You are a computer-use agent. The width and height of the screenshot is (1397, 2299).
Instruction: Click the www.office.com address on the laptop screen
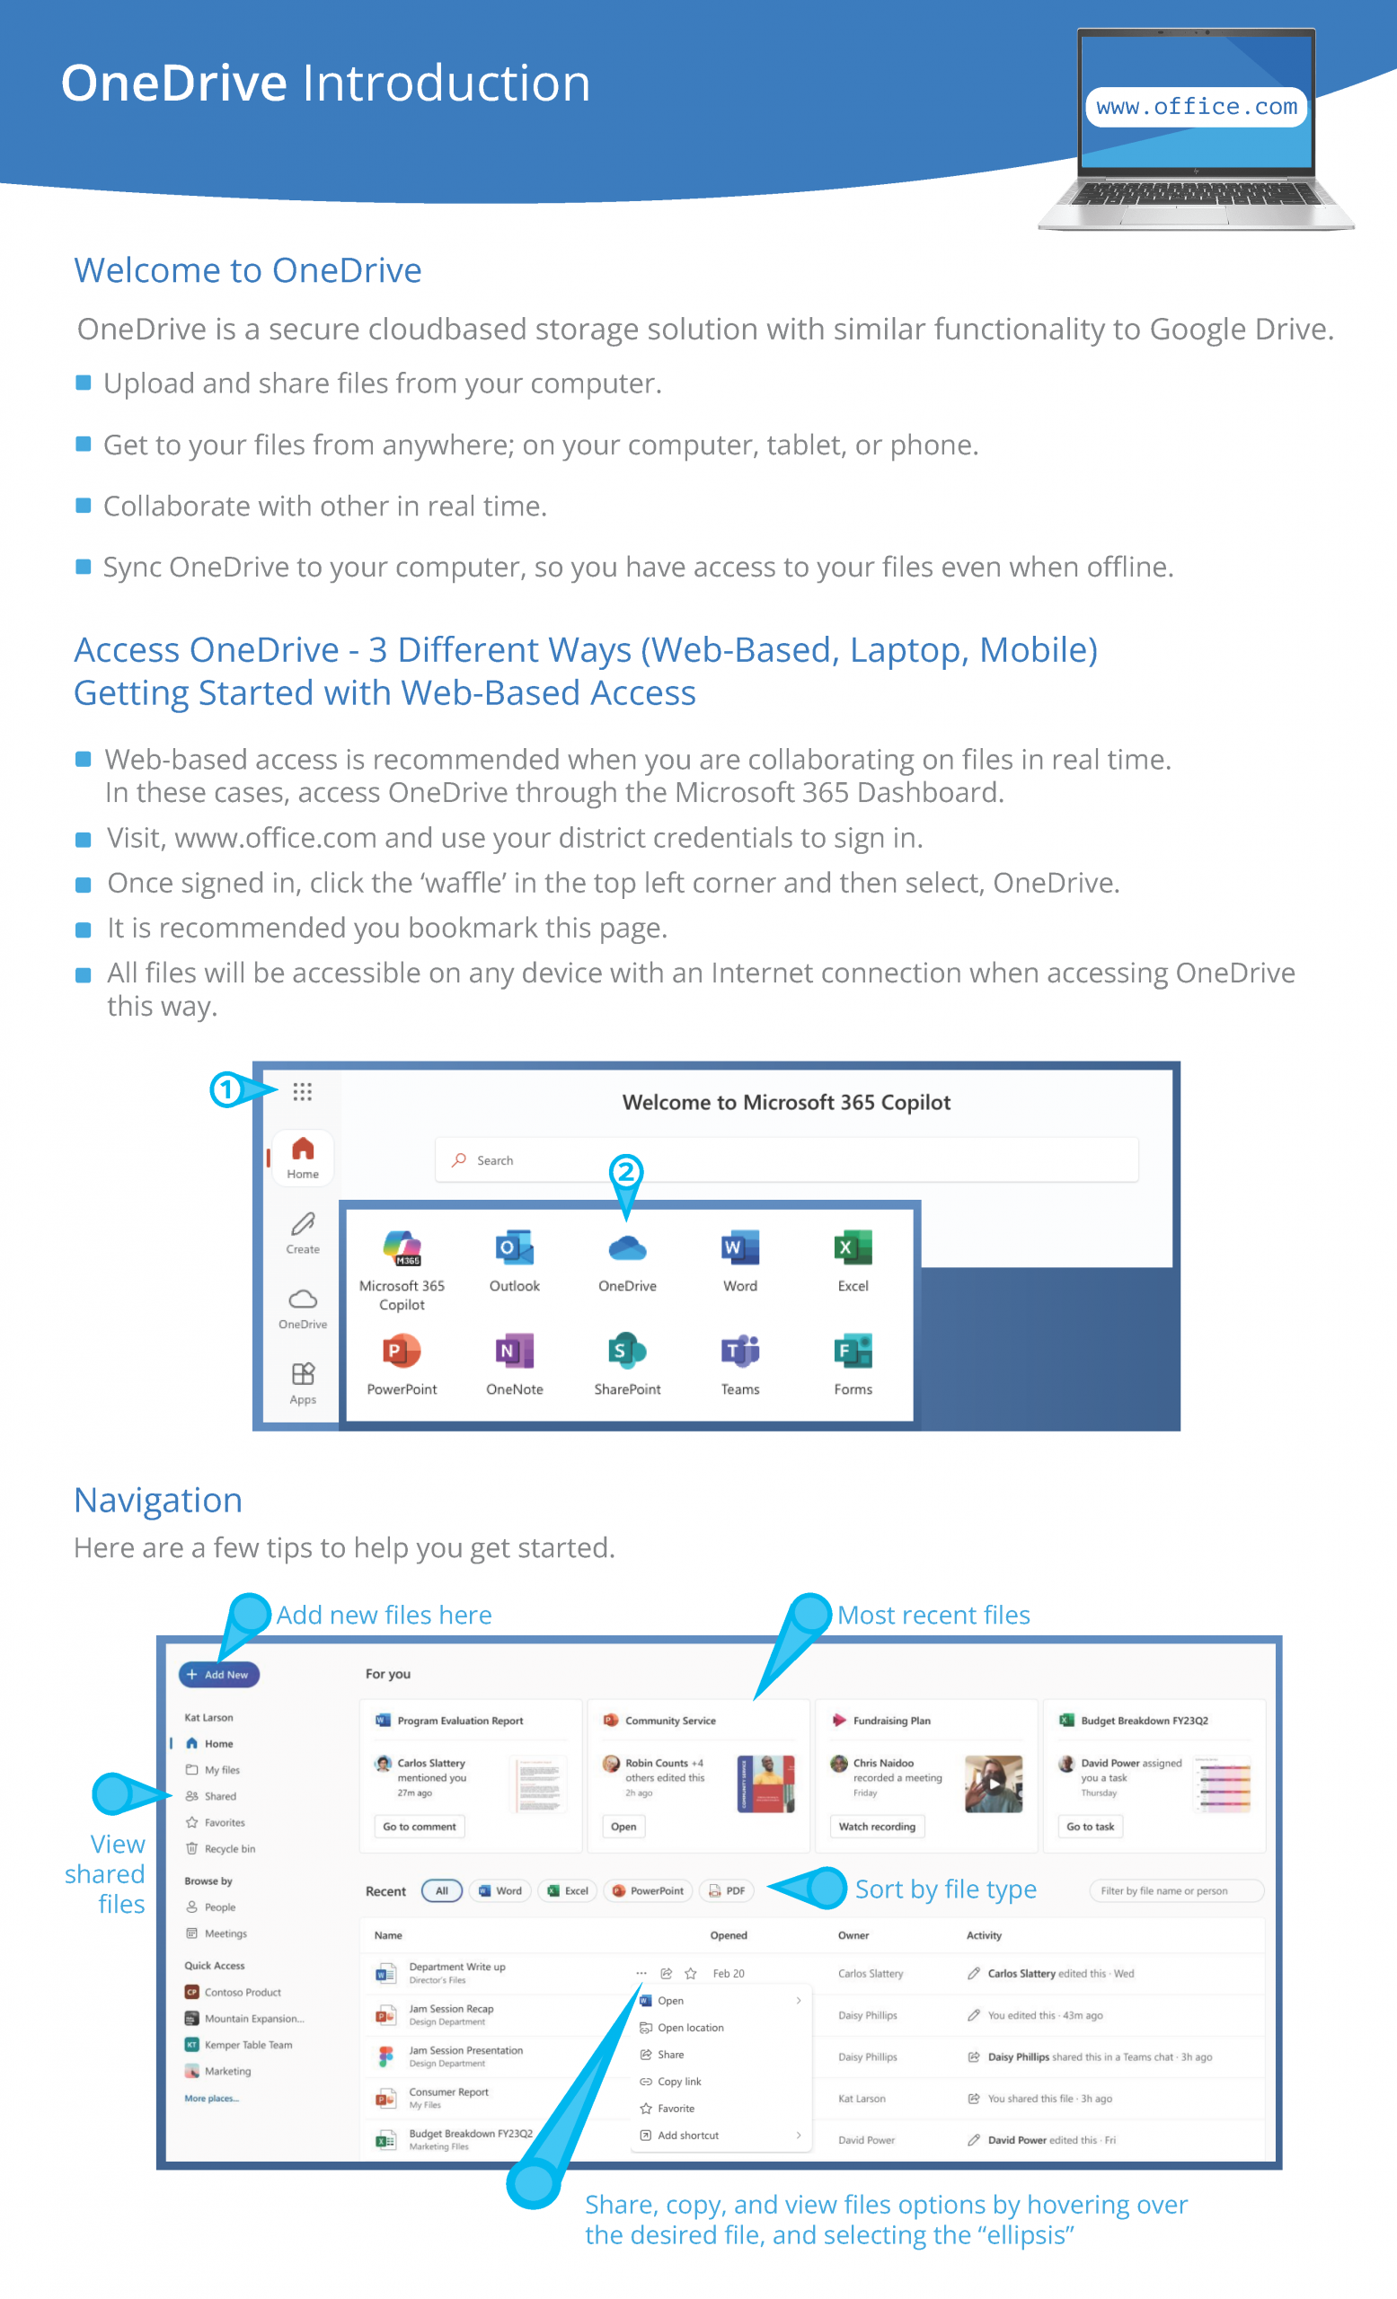click(x=1197, y=107)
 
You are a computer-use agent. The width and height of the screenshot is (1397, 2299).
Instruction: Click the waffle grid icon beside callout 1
click(x=303, y=1091)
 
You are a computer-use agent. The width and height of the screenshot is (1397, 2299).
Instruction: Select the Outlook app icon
click(x=515, y=1247)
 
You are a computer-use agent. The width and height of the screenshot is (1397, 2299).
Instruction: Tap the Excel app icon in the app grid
click(x=853, y=1247)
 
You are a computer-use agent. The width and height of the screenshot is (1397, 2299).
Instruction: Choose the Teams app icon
click(x=740, y=1350)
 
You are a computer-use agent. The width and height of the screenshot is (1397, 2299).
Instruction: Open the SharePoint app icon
click(x=627, y=1350)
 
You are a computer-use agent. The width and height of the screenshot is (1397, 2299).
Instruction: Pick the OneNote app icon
click(x=515, y=1350)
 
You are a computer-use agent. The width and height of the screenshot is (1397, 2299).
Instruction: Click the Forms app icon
click(x=853, y=1350)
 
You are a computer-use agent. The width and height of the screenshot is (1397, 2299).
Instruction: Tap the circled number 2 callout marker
click(x=626, y=1172)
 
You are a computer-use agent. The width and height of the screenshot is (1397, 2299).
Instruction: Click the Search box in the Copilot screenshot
click(x=787, y=1159)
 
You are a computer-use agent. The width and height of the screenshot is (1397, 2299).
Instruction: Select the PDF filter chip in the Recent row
click(x=727, y=1890)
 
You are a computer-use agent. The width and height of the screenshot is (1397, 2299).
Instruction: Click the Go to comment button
click(x=419, y=1826)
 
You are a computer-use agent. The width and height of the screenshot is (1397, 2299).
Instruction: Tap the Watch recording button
click(x=877, y=1826)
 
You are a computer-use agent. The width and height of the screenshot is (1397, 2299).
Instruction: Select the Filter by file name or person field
click(x=1177, y=1890)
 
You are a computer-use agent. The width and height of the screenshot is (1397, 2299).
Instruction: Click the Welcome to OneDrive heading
click(x=248, y=270)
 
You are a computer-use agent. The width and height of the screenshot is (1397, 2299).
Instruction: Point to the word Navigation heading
click(x=159, y=1501)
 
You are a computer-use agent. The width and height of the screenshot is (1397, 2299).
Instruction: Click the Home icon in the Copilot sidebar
click(x=303, y=1149)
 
